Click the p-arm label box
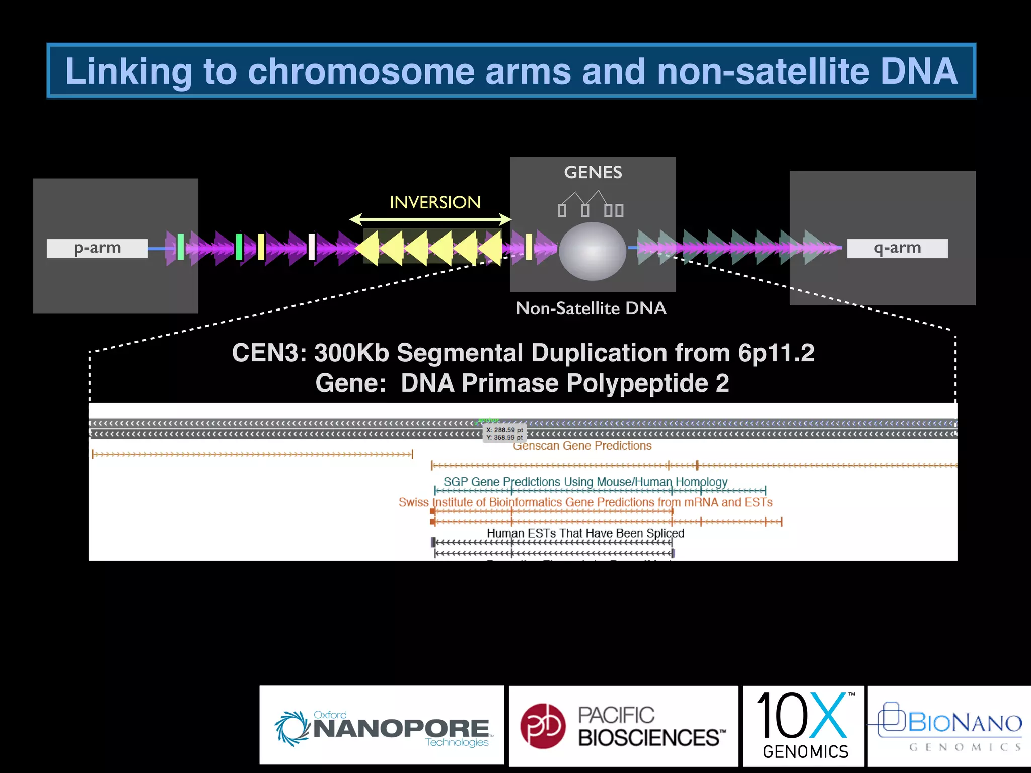(x=97, y=248)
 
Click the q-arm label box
(x=897, y=248)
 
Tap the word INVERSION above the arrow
(x=435, y=202)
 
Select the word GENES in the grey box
(x=593, y=173)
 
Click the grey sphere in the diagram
(x=593, y=251)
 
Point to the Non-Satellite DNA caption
(x=591, y=308)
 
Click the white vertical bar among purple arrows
(x=312, y=247)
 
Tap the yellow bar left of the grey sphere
(x=529, y=247)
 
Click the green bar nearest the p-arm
(x=180, y=247)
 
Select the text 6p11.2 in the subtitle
(x=776, y=353)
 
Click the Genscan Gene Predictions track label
(x=582, y=446)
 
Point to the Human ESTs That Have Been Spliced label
(x=585, y=533)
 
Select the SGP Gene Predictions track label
(x=585, y=482)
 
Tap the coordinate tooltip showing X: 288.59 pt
(x=504, y=433)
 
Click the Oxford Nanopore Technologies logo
(x=382, y=726)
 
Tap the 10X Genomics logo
(x=804, y=726)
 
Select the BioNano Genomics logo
(x=949, y=726)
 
